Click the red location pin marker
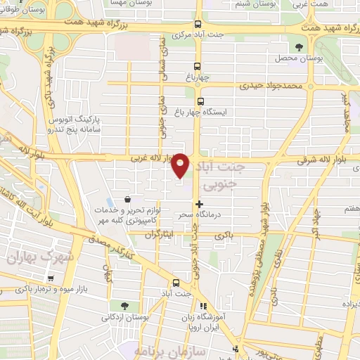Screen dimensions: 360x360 [181, 164]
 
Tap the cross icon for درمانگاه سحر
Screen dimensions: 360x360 [200, 204]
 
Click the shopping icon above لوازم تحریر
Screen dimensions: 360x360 [126, 200]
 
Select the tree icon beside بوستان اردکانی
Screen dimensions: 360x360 [124, 306]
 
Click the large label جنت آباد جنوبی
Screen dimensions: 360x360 [219, 175]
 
